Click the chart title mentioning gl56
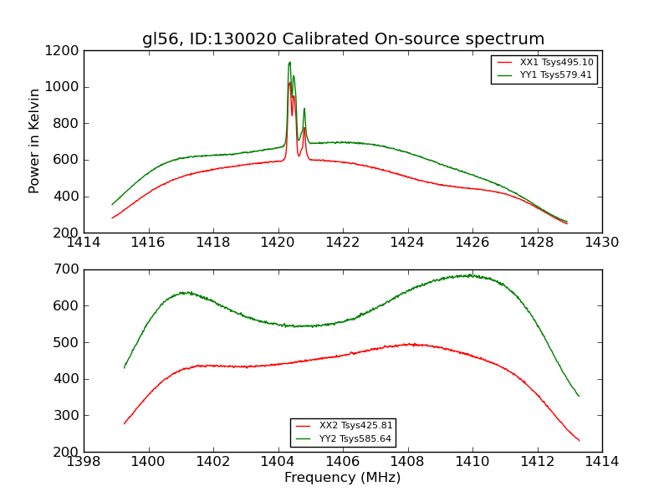coord(343,39)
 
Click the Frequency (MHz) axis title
coord(343,478)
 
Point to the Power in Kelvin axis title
coord(34,141)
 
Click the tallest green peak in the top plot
coord(289,62)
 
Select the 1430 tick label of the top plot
coord(602,243)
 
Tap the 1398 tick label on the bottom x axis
coord(84,461)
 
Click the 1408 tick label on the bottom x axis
coord(407,461)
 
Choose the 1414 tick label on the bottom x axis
coord(602,461)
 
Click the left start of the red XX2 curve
coord(125,423)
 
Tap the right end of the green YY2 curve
coord(579,396)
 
